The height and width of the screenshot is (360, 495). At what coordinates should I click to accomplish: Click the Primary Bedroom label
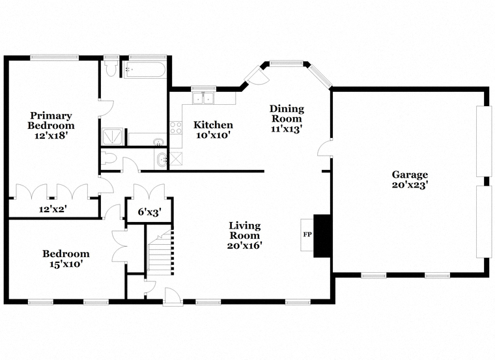tap(51, 120)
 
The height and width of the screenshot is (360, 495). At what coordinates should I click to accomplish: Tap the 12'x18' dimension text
tap(51, 135)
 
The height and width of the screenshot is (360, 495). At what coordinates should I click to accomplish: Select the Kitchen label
tap(213, 125)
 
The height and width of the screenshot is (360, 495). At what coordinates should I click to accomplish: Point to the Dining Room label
tap(287, 113)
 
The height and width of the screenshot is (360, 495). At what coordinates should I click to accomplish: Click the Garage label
tap(410, 174)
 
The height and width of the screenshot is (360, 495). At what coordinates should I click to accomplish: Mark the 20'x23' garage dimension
tap(410, 185)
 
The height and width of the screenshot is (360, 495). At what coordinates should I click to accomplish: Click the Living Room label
tap(245, 230)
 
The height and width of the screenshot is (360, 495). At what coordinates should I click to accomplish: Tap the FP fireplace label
tap(307, 234)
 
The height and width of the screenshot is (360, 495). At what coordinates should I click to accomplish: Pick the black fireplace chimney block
tap(322, 236)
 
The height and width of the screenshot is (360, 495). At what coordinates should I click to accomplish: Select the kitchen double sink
tap(203, 98)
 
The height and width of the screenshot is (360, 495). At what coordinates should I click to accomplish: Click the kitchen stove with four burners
tap(176, 128)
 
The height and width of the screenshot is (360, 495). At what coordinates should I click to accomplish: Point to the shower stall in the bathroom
tap(113, 137)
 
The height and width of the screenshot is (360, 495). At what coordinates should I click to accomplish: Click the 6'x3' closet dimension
tap(150, 212)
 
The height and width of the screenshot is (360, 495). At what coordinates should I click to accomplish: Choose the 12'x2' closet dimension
tap(53, 209)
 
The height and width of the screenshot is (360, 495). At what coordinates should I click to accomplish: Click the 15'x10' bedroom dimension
tap(66, 264)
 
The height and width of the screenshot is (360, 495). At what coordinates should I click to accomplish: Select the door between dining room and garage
tap(324, 148)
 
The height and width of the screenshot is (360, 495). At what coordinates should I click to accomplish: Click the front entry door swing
tap(173, 296)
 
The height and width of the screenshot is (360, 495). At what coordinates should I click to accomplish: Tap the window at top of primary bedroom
tap(54, 57)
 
